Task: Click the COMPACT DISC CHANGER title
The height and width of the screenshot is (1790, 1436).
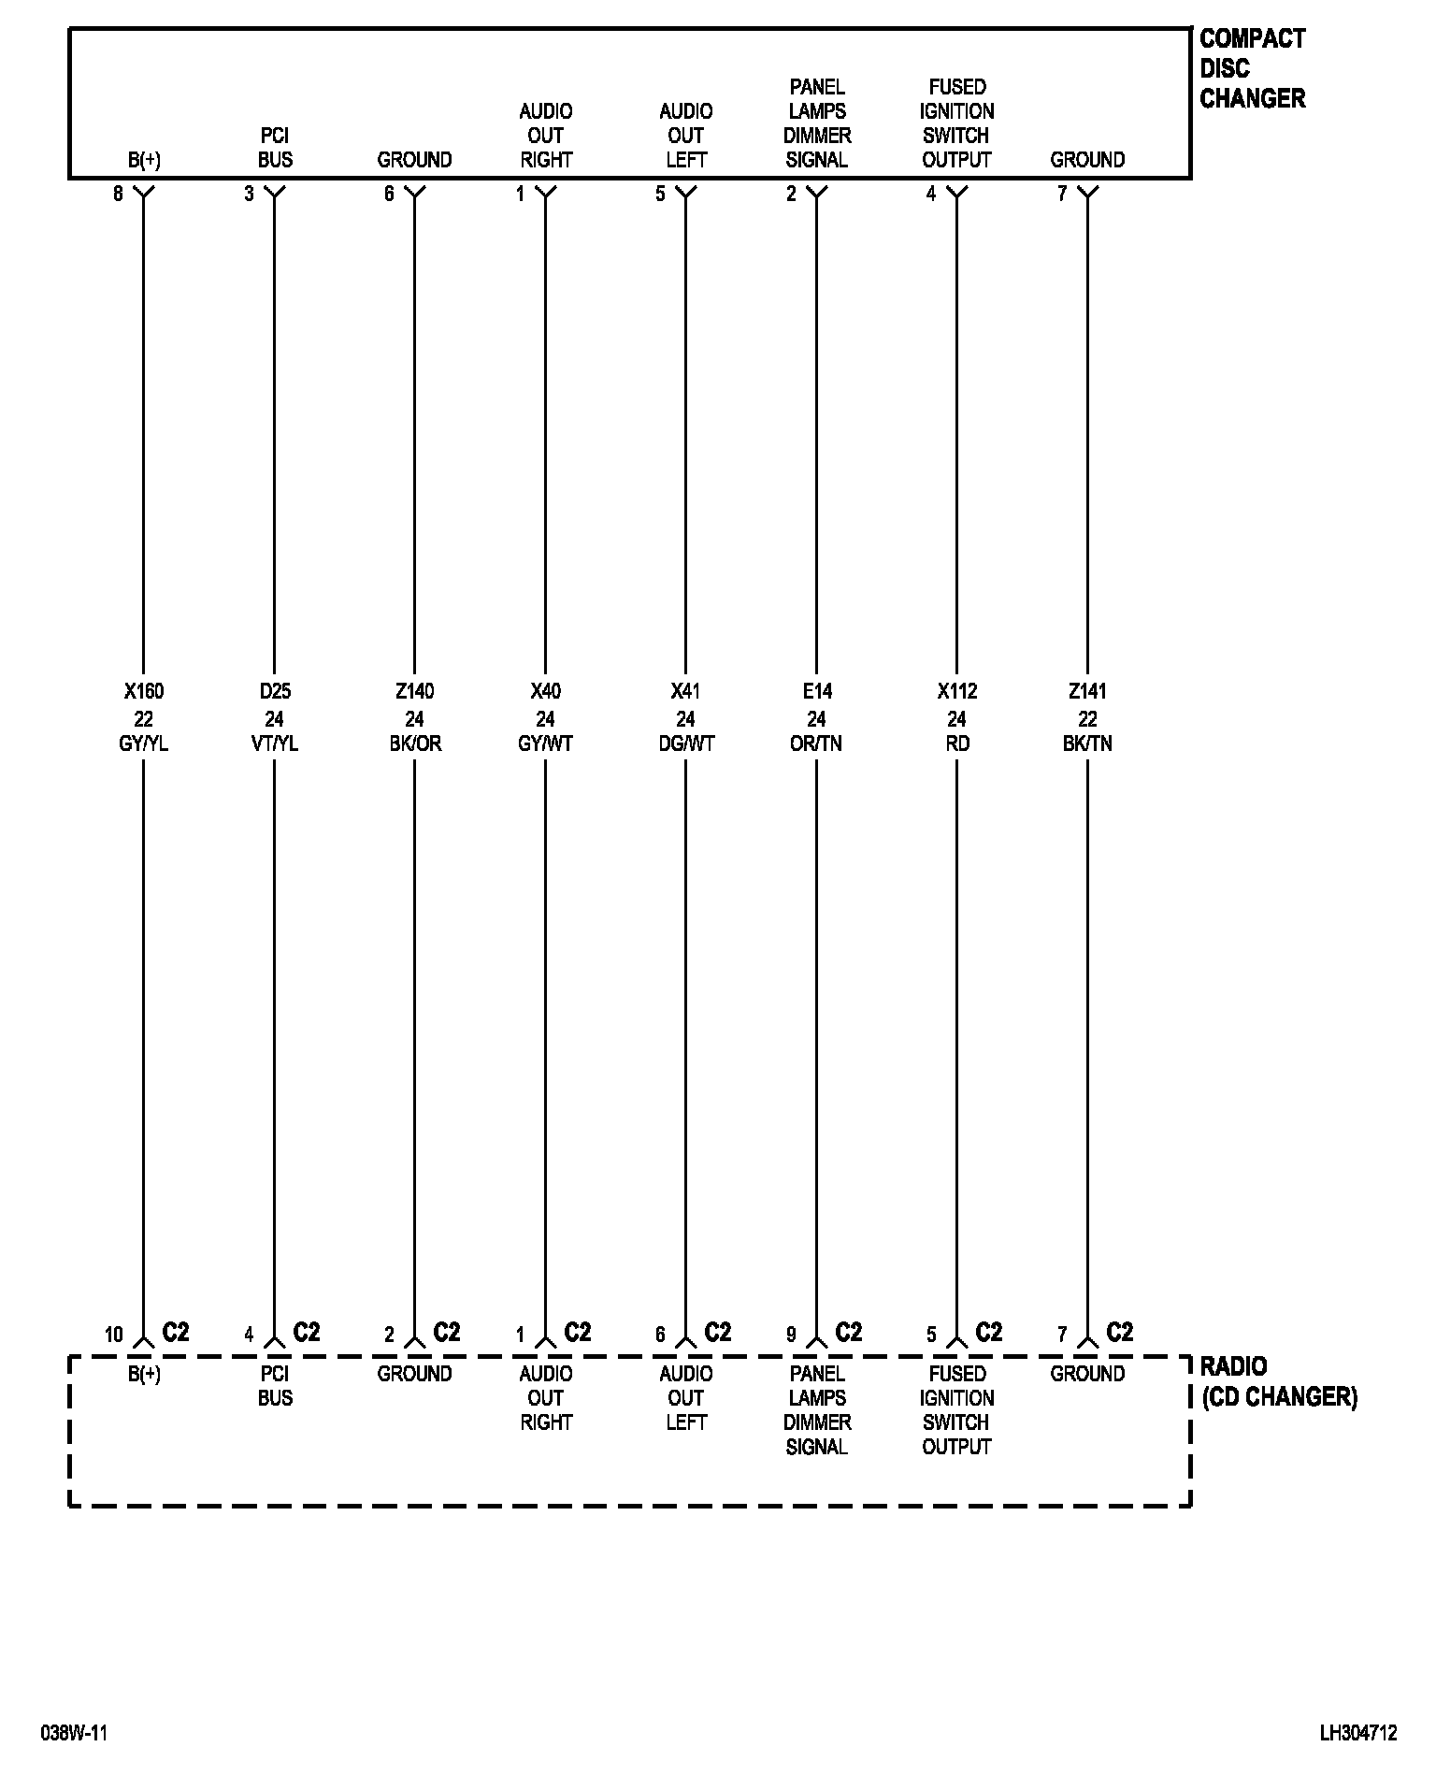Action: point(1252,68)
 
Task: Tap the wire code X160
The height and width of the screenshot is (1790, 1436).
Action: point(144,691)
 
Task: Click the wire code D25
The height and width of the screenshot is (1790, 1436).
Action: point(275,691)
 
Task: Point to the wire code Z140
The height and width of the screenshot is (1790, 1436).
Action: point(414,691)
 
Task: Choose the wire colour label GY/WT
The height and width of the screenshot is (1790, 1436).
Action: point(545,743)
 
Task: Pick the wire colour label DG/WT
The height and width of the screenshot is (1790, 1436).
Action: point(685,743)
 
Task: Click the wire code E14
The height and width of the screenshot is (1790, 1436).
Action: point(816,691)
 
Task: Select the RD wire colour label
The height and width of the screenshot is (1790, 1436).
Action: point(956,743)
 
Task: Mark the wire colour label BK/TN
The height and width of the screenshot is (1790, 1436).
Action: point(1087,743)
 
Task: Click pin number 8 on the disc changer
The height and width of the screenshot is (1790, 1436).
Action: point(118,195)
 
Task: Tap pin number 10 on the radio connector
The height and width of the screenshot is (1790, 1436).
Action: point(113,1335)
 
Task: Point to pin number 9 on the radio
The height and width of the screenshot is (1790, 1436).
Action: point(791,1335)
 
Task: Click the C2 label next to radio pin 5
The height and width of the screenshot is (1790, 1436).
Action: point(988,1332)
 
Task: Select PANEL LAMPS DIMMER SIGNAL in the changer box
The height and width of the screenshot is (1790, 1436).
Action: point(816,123)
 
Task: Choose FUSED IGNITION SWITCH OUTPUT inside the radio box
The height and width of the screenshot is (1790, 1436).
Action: point(956,1409)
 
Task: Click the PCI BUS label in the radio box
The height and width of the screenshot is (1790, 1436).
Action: point(275,1385)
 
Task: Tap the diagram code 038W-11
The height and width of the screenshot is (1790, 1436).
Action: point(74,1733)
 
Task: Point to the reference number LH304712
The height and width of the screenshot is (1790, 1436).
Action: point(1357,1733)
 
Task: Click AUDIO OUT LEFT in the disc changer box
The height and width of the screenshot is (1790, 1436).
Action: point(685,136)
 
